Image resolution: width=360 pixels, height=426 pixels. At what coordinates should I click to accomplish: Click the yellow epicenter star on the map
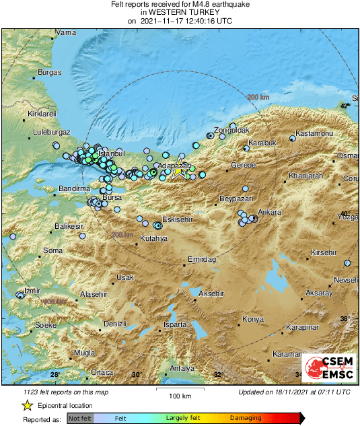tap(178, 172)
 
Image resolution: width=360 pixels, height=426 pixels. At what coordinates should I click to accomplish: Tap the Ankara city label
tap(270, 212)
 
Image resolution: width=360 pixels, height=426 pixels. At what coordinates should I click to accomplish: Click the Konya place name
tap(253, 319)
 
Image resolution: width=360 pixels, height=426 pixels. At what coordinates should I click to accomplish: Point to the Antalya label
tap(182, 368)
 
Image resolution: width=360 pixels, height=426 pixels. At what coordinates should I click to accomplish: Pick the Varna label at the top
tap(65, 32)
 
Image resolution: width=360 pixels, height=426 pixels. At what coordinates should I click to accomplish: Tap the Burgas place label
tap(50, 72)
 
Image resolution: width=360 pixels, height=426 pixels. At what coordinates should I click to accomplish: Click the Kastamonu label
tap(315, 133)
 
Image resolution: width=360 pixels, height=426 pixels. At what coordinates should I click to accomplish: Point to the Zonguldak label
tap(231, 129)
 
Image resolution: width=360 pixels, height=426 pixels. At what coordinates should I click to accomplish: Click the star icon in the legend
tap(27, 405)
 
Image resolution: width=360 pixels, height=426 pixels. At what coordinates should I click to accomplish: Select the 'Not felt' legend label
tap(80, 419)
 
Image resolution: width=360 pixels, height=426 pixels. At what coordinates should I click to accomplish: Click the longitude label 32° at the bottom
tap(217, 374)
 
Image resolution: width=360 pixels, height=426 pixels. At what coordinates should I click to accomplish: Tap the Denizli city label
tap(116, 324)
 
